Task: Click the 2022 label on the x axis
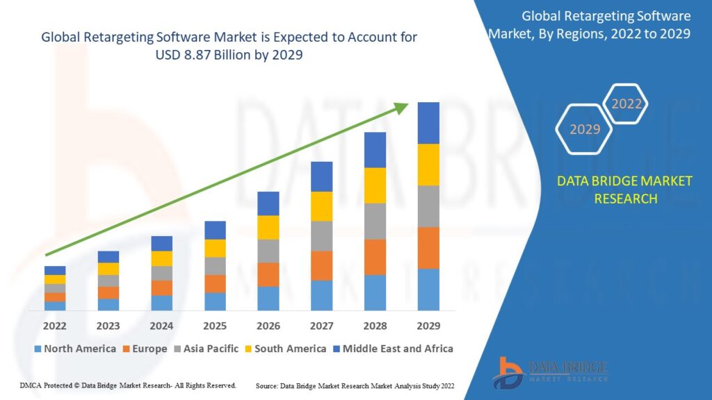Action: click(55, 326)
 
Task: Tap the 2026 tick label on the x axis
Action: click(268, 326)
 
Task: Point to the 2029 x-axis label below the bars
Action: click(428, 326)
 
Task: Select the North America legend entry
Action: click(74, 349)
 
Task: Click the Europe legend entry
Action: click(144, 349)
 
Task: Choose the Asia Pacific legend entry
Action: click(206, 349)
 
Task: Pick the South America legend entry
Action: click(285, 349)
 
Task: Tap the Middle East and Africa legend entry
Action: click(392, 349)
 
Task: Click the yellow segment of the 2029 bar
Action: click(428, 165)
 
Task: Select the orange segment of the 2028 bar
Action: click(375, 257)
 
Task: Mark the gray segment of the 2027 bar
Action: click(321, 236)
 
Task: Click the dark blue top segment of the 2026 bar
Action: click(268, 203)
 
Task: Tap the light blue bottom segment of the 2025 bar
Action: click(215, 301)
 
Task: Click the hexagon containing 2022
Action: click(626, 104)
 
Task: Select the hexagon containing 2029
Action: click(584, 129)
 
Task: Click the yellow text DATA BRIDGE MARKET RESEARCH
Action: click(624, 190)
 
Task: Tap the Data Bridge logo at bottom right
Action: click(550, 372)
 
